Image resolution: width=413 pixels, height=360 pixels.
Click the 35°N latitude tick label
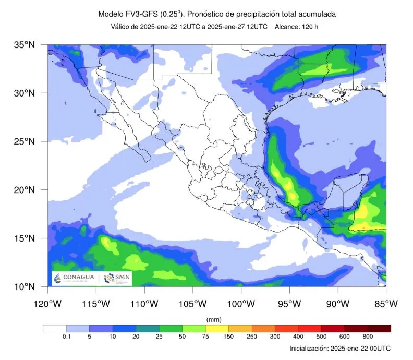click(24, 45)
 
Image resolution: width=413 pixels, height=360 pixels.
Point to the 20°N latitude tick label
click(24, 190)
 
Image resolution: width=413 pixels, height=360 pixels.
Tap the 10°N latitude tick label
click(24, 286)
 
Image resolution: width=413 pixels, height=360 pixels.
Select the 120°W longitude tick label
click(48, 303)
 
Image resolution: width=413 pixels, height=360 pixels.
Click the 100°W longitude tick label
click(241, 303)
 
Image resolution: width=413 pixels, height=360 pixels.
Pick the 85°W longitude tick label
click(386, 303)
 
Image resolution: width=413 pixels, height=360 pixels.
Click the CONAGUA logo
click(75, 279)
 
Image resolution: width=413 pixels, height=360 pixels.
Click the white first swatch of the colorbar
click(54, 329)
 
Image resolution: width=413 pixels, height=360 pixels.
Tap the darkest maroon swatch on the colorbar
click(379, 329)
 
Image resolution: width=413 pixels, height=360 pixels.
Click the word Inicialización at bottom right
click(309, 348)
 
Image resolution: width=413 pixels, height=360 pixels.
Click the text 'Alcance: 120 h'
click(296, 27)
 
